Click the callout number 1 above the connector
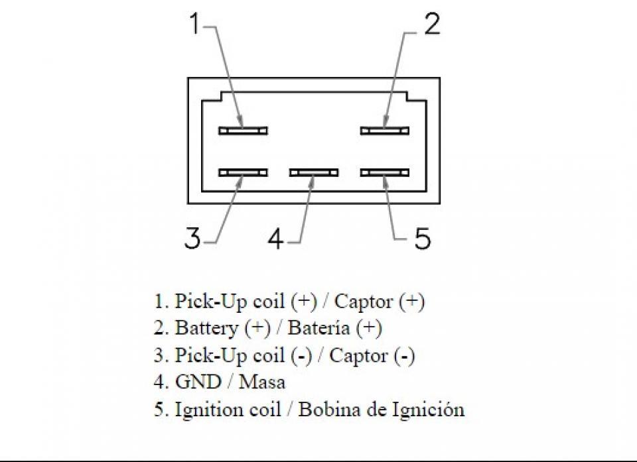coord(195,25)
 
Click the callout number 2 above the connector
coord(431,25)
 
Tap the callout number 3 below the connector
coord(192,238)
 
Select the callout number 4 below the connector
coord(276,238)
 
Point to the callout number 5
coord(422,238)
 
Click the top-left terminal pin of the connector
coord(243,130)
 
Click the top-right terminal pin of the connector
coord(385,130)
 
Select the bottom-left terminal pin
coord(243,172)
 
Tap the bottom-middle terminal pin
coord(314,172)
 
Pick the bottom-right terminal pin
coord(385,172)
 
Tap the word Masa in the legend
coord(262,382)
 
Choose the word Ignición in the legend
coord(432,410)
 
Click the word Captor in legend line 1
coord(363,302)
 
